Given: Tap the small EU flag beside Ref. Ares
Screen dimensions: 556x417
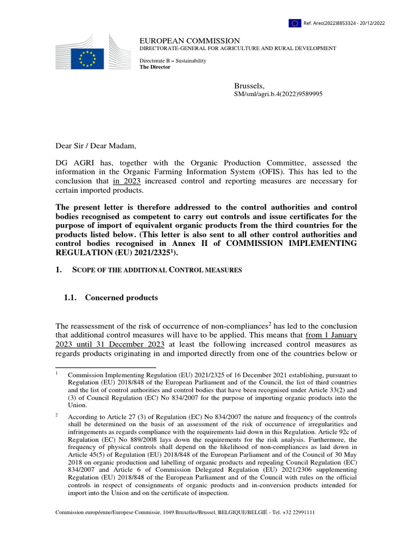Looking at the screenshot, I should (295, 23).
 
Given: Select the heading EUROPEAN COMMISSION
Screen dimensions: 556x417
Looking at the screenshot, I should (189, 41).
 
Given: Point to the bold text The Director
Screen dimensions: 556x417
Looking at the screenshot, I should (155, 67).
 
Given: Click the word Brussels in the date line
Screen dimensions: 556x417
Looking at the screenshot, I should (249, 86).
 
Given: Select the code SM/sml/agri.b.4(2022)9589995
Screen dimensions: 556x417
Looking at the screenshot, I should (278, 94).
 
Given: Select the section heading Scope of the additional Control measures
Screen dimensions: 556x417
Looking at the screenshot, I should (157, 270).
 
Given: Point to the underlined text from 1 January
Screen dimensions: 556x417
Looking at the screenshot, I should (331, 335).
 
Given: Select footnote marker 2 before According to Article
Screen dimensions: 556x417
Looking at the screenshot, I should (57, 414).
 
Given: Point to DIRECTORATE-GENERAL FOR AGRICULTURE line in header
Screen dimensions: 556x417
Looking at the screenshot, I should (238, 49).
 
